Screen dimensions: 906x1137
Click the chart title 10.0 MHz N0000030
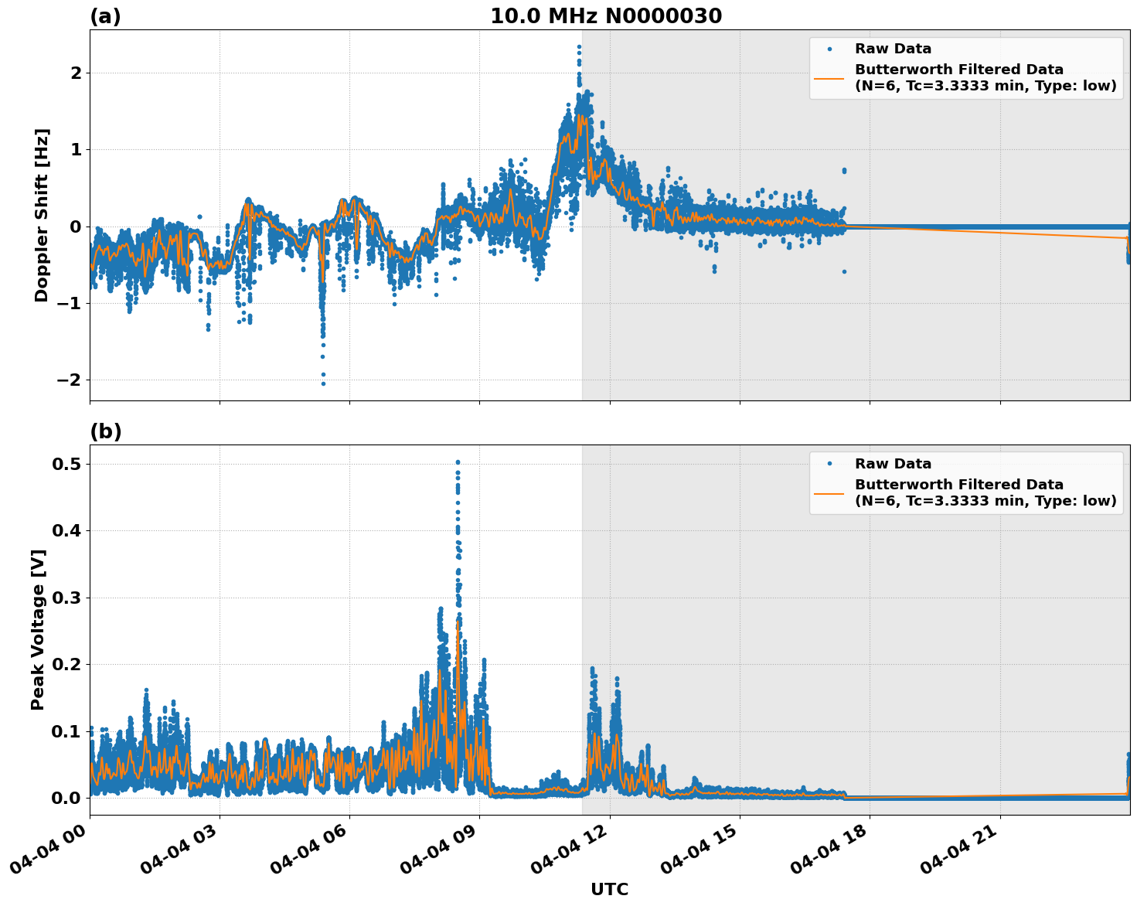click(x=606, y=16)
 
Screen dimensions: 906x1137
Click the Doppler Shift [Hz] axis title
click(x=42, y=215)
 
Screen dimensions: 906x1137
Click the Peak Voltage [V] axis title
click(x=39, y=629)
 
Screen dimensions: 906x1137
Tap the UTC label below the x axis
click(x=609, y=890)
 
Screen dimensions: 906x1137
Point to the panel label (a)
click(x=105, y=16)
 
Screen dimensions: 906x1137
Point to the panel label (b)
click(x=105, y=431)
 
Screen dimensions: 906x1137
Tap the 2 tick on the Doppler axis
click(x=76, y=73)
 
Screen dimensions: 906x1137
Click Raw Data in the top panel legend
click(x=893, y=49)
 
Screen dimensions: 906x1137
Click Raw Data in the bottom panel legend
click(x=893, y=464)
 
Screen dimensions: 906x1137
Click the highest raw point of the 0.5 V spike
click(x=458, y=462)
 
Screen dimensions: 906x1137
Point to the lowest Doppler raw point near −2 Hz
click(x=323, y=383)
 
